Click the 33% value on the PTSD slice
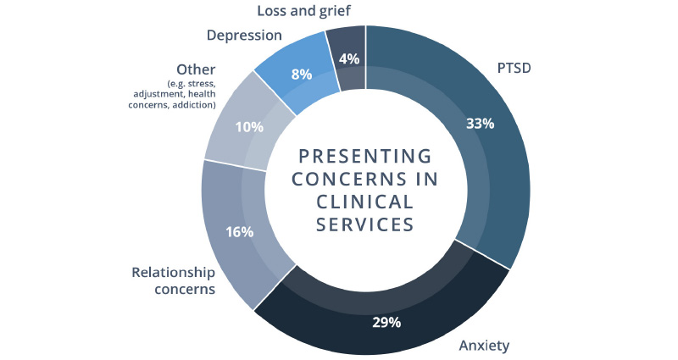481,123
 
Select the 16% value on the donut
240,231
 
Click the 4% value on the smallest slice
347,59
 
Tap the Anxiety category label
485,346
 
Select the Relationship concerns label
173,281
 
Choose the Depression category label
244,36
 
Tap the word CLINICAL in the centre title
365,202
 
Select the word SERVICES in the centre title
365,224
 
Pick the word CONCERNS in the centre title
338,180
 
